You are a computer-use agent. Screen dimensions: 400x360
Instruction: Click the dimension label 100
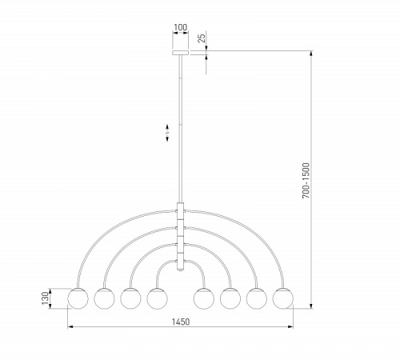[181, 27]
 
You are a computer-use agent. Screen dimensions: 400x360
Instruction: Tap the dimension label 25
[202, 38]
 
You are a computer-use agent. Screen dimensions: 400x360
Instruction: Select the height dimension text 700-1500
[306, 181]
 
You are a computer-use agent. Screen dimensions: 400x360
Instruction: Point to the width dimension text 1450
[181, 322]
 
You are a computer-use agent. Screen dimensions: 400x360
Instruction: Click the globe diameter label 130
[46, 298]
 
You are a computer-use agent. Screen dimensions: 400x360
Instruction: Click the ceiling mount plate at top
[181, 53]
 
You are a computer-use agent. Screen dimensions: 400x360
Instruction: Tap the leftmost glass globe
[78, 298]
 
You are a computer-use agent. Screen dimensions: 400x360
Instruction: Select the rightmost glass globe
[283, 298]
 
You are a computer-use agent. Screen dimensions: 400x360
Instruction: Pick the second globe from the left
[104, 298]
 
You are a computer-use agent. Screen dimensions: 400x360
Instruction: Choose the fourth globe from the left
[157, 298]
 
